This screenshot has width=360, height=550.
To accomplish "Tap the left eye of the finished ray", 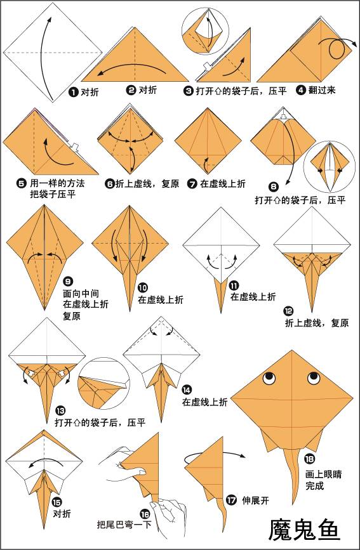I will (269, 378).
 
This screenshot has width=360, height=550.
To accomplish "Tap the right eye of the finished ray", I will (313, 379).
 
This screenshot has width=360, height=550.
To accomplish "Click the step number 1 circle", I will (74, 92).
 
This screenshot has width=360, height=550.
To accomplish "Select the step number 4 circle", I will (300, 90).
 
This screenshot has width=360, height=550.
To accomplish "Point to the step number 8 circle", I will (273, 187).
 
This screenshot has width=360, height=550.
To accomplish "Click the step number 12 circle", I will (289, 311).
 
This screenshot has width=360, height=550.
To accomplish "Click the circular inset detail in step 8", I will (330, 167).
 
